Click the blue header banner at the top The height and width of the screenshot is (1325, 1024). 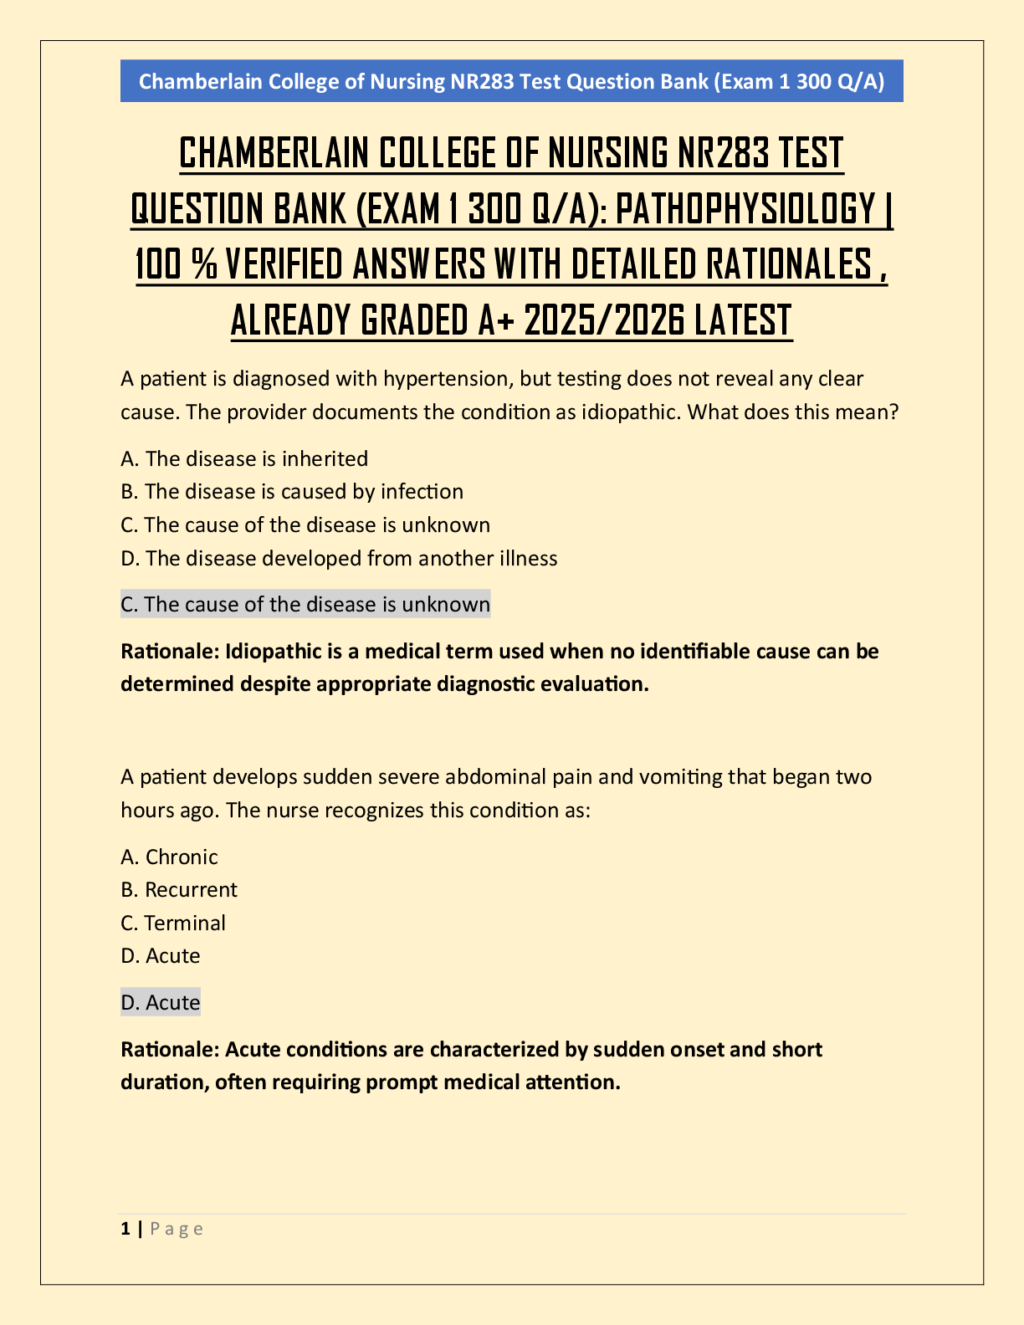coord(511,81)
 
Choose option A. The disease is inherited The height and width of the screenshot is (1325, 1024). coord(244,458)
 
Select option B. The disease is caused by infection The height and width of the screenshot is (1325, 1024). coord(292,492)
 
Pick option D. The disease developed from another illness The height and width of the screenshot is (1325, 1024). coord(339,558)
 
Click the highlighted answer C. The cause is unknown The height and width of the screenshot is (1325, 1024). coord(305,605)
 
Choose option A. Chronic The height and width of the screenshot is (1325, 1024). coord(169,857)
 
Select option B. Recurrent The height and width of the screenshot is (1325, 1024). coord(179,890)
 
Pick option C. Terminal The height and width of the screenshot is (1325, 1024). coord(173,923)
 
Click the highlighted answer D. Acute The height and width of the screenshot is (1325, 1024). coord(161,1002)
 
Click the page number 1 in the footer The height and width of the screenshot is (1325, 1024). coord(125,1229)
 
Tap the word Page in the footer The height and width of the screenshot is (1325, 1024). coord(177,1229)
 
